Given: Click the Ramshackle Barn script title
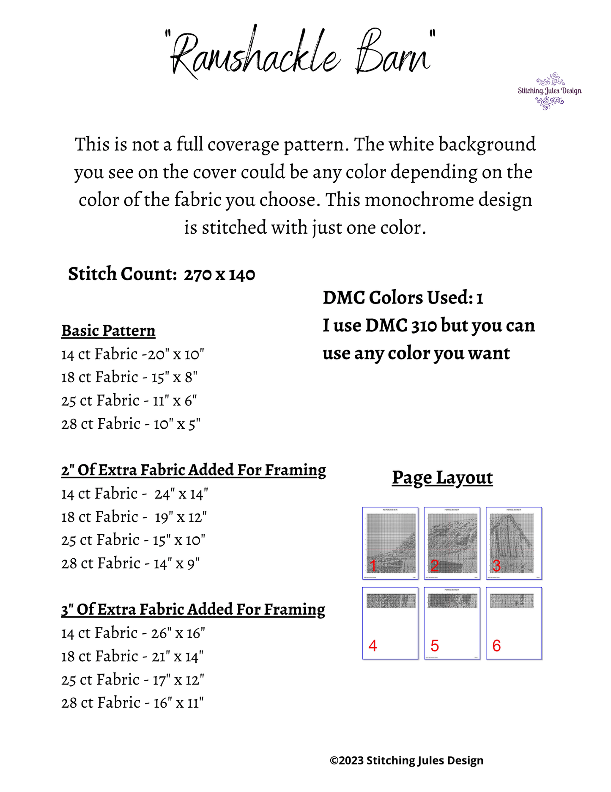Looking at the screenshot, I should [x=300, y=53].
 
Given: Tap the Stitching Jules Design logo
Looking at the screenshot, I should [x=549, y=91].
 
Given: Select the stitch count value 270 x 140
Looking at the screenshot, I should [x=219, y=275].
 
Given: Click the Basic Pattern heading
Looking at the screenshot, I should [x=108, y=331].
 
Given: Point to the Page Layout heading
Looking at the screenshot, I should [x=442, y=477].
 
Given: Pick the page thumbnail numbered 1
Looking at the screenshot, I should [x=390, y=543].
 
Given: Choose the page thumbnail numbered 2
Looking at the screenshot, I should [x=452, y=543].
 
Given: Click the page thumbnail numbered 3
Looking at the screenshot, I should [x=514, y=543].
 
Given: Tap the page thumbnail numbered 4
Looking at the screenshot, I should [x=390, y=623].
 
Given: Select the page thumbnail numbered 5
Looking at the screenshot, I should [x=452, y=623].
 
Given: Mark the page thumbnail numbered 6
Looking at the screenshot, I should [x=514, y=623].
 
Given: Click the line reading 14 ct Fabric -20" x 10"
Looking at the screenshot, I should [x=133, y=354].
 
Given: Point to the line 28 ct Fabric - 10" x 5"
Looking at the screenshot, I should [x=131, y=424].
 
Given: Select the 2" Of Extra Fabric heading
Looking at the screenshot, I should [x=194, y=470].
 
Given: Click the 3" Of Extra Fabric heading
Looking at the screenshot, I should [x=193, y=610].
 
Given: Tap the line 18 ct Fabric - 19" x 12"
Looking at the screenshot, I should [x=134, y=517].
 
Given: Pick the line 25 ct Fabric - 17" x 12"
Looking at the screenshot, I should [x=133, y=680].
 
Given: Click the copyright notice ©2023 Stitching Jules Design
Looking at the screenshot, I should [x=406, y=761].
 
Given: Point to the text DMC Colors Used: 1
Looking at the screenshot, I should [x=403, y=298].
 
